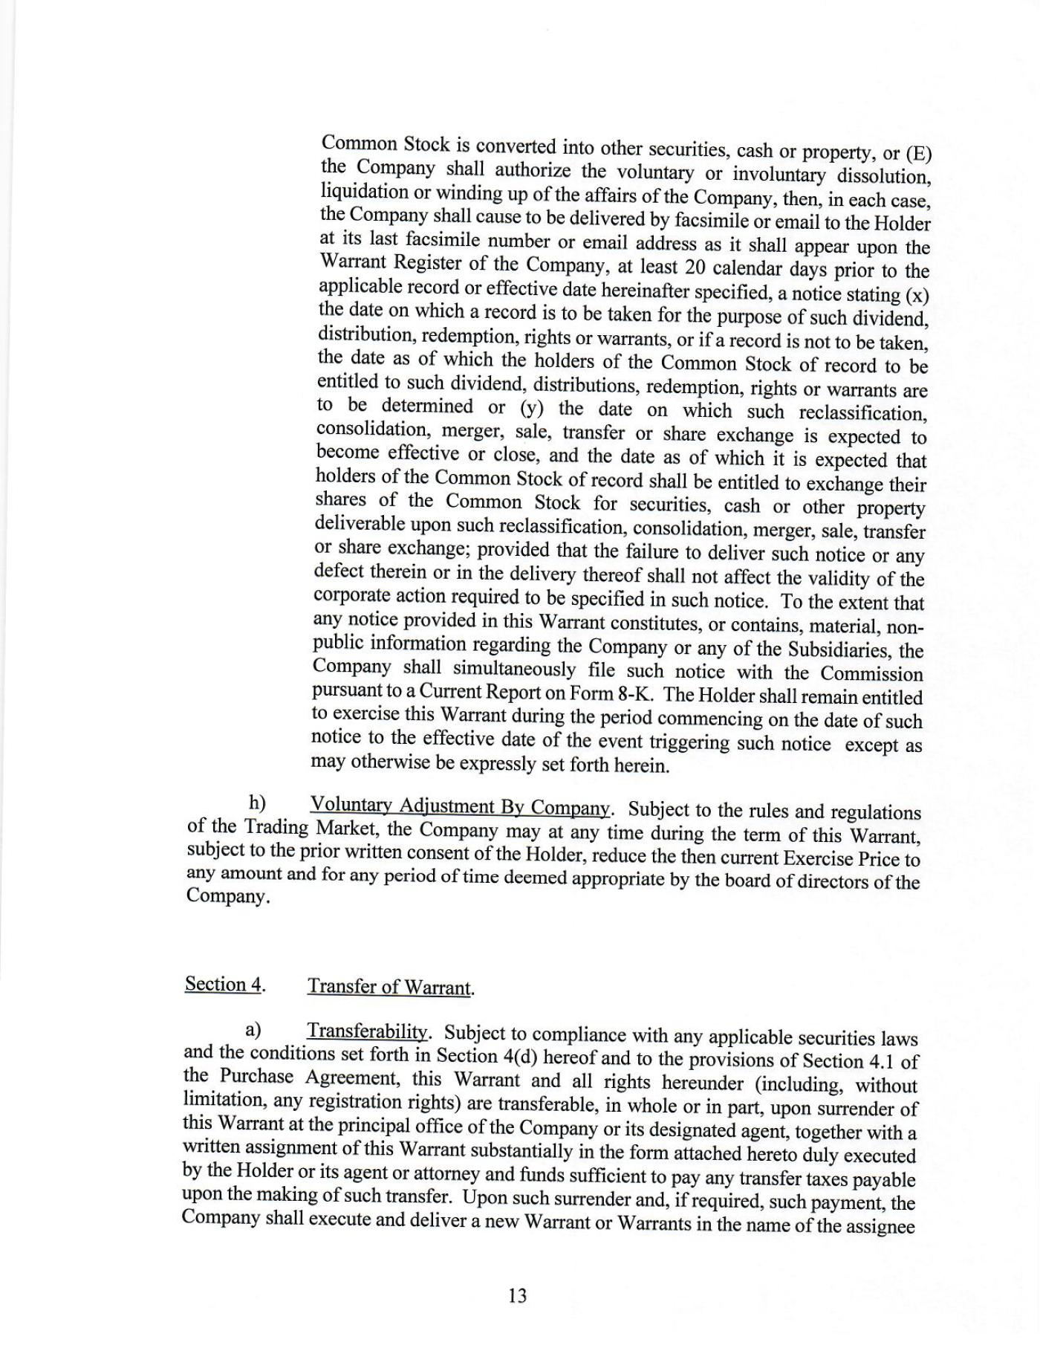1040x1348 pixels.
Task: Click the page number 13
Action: pyautogui.click(x=518, y=1296)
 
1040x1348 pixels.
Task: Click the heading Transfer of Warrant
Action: pyautogui.click(x=390, y=987)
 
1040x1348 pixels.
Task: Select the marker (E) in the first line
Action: pyautogui.click(x=918, y=154)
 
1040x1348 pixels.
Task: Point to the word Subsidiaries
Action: pyautogui.click(x=839, y=649)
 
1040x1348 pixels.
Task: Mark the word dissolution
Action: pyautogui.click(x=883, y=177)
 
